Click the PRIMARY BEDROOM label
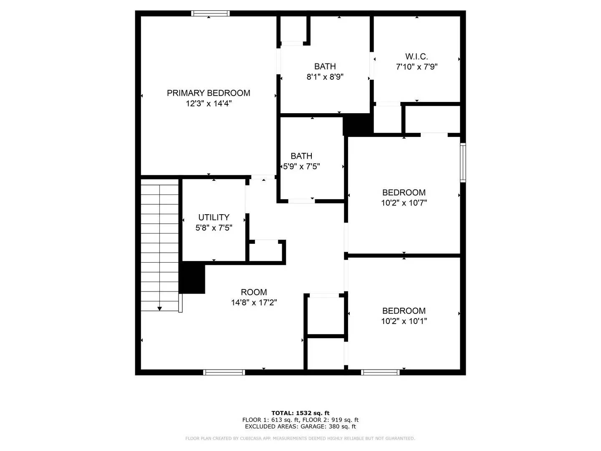coord(209,93)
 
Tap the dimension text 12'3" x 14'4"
coord(209,104)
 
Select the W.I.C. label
coord(417,56)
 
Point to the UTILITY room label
coord(214,217)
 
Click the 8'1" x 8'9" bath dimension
coord(325,77)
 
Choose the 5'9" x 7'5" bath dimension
coord(301,166)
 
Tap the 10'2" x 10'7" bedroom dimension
coord(404,203)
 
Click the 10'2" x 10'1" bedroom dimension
coord(404,321)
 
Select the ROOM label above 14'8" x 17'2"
coord(254,292)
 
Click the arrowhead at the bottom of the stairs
coord(159,309)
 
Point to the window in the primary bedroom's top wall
coord(210,13)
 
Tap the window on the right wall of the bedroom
coord(463,162)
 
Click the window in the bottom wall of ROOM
coord(224,372)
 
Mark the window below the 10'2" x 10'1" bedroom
coord(380,372)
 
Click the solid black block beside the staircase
coord(192,278)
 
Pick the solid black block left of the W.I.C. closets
coord(358,124)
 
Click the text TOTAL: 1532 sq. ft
coord(300,413)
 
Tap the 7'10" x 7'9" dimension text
coord(417,67)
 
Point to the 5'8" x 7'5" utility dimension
coord(214,228)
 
